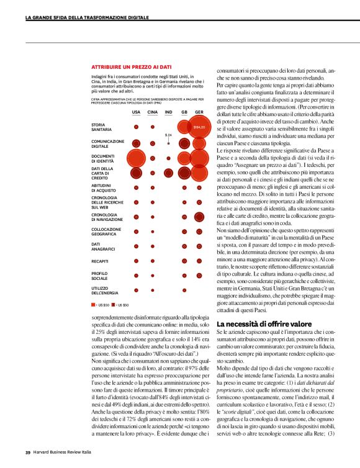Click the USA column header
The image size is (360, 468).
[x=136, y=112]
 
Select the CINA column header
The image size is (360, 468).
[x=152, y=112]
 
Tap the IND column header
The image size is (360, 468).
[x=168, y=112]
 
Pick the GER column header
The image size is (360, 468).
[x=199, y=112]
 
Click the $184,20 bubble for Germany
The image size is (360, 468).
[x=199, y=128]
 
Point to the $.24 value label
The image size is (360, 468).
[x=168, y=135]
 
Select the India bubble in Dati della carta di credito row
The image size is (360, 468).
[x=168, y=173]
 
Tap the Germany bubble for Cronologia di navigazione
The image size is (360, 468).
[x=199, y=217]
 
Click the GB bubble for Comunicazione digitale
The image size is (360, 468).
[x=184, y=143]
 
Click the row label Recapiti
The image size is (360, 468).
[x=100, y=262]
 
